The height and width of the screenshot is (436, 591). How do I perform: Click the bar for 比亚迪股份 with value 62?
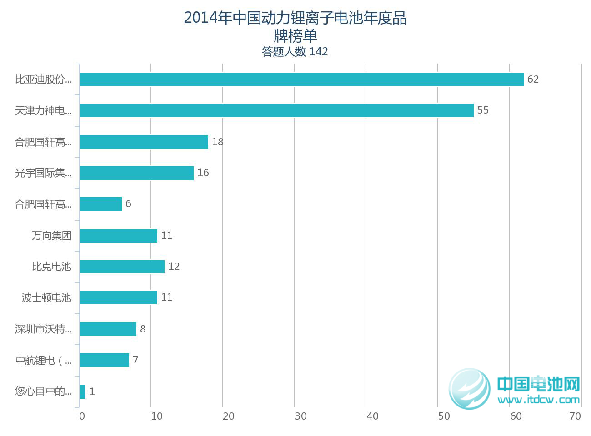point(301,79)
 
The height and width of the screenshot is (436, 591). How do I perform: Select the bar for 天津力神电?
point(276,110)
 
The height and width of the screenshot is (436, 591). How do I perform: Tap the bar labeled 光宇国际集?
point(136,173)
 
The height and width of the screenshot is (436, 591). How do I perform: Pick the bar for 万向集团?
point(118,236)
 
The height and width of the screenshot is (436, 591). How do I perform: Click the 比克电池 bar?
point(122,267)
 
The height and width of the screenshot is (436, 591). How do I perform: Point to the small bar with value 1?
point(83,392)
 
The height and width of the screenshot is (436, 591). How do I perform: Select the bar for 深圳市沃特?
point(108,329)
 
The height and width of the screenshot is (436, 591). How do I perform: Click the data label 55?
point(483,110)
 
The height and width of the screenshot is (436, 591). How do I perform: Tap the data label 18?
point(217,142)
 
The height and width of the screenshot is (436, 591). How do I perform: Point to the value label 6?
point(128,204)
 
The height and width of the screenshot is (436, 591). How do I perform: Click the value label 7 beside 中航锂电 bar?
point(135,360)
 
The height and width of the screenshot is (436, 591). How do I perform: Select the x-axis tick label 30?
point(301,416)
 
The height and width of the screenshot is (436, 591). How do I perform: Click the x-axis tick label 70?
point(575,416)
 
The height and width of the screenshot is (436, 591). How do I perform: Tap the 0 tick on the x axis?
point(82,416)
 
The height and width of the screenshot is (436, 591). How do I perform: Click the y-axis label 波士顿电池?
point(46,298)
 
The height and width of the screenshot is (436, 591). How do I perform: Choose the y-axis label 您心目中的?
point(43,391)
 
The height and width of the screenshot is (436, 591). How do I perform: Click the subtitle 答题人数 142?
point(295,52)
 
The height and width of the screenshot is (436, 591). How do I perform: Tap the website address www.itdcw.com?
point(539,400)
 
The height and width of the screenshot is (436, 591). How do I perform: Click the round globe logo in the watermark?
point(470,389)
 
